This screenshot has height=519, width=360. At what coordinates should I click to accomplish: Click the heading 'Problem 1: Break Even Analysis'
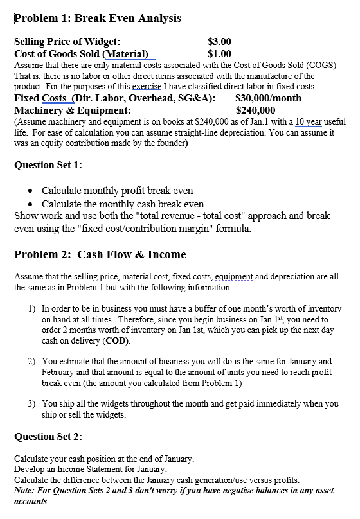coord(97,18)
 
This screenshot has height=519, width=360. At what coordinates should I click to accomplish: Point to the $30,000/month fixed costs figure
coord(268,98)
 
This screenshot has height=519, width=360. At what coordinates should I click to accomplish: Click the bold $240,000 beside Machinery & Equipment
coord(255,110)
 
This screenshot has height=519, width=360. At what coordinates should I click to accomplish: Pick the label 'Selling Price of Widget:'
coord(67,42)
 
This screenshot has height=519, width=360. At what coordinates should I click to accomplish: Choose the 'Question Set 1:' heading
coord(48,164)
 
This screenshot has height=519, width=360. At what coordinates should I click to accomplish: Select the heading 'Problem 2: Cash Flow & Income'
coord(100,254)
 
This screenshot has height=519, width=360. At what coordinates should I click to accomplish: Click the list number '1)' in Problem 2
coord(32,309)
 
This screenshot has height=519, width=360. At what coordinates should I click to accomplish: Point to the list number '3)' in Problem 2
coord(32,404)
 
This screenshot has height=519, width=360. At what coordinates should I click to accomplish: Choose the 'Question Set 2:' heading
coord(48,437)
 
